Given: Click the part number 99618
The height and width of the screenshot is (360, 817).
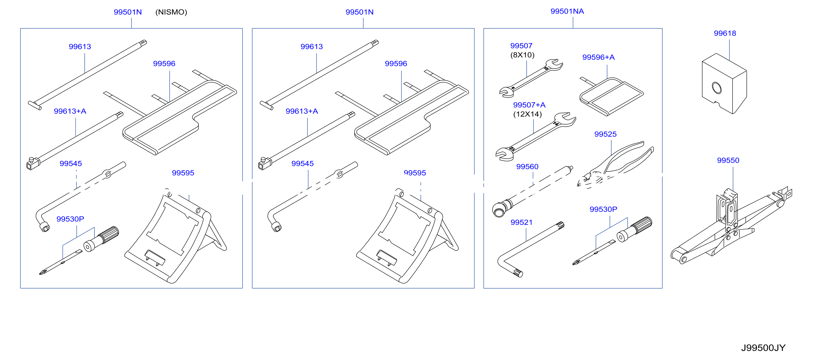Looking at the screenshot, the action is click(x=725, y=33).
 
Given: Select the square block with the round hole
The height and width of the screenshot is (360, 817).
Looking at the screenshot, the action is click(x=724, y=84).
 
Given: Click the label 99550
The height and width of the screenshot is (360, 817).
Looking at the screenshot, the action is click(x=728, y=161).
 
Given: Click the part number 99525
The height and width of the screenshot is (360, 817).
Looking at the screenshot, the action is click(x=605, y=134).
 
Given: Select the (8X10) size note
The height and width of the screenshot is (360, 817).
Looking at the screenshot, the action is click(x=522, y=55).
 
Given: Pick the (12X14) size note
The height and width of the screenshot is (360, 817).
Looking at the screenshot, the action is click(x=528, y=114).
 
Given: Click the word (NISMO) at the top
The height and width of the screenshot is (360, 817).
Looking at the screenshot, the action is click(x=171, y=12).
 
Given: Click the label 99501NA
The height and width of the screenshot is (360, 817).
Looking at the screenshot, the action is click(x=567, y=11).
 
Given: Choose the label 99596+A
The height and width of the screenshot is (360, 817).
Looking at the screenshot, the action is click(x=598, y=57).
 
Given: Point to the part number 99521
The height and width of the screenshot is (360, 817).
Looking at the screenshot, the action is click(x=521, y=223).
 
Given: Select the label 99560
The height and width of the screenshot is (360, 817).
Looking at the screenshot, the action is click(x=527, y=167).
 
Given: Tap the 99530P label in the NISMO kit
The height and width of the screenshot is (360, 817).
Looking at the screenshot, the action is click(x=70, y=219).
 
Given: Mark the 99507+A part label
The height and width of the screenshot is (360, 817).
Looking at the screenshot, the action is click(x=529, y=105).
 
